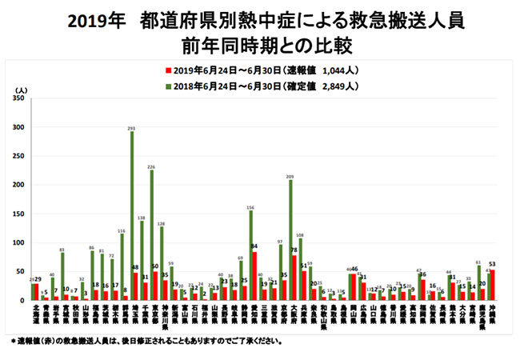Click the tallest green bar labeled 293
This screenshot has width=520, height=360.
pos(131,216)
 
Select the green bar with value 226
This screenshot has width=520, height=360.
pos(151,236)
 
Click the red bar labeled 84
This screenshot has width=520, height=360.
pos(254,276)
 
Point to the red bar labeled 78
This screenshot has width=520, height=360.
pos(294,278)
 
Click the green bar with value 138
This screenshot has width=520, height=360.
pos(142,260)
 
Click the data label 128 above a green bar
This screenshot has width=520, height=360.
pos(161,223)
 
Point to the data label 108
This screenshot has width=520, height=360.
pos(300,235)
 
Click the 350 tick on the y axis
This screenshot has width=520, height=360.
pos(19,98)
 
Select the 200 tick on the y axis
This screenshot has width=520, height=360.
pos(19,185)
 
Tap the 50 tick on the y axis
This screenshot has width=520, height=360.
pos(21,271)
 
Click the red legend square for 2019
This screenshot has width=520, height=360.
pos(169,70)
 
